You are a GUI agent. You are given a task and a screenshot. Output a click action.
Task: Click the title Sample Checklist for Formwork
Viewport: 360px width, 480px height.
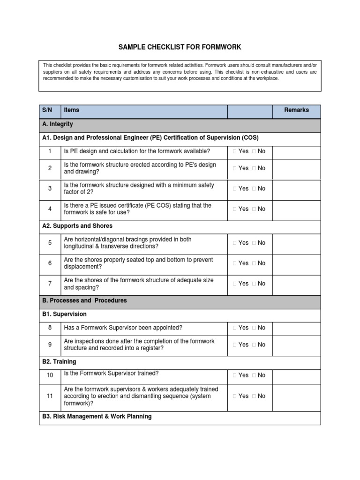[180, 47]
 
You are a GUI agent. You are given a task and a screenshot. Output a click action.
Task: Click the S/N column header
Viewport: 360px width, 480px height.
[47, 110]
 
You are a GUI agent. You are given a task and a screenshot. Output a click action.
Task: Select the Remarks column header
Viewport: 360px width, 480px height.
[296, 110]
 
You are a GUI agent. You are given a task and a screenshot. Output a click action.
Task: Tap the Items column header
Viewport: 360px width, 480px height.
[72, 110]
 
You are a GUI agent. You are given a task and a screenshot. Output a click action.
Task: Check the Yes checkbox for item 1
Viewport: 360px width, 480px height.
[235, 151]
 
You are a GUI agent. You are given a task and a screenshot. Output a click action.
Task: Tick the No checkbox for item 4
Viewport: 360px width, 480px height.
[254, 209]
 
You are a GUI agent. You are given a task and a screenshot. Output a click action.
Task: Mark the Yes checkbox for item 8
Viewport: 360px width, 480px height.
[235, 328]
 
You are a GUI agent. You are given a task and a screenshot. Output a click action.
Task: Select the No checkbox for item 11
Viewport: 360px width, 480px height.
[254, 396]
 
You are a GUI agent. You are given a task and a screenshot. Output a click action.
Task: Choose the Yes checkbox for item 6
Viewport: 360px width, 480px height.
[235, 263]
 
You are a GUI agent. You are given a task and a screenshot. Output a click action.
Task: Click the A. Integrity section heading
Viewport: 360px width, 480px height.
[58, 124]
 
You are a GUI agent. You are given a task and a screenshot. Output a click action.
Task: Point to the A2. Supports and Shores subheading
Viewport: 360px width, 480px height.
[77, 226]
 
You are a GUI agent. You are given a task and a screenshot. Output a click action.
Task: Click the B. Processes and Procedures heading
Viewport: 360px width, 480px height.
[84, 300]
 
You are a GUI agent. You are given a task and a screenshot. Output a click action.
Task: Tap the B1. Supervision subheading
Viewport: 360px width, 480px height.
[64, 314]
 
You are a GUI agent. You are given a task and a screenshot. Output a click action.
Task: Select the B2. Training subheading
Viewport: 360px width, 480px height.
[59, 362]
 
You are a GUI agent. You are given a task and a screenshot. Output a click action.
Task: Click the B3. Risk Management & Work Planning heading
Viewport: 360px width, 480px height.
[97, 416]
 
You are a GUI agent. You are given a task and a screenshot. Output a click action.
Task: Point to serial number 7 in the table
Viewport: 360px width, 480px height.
[50, 284]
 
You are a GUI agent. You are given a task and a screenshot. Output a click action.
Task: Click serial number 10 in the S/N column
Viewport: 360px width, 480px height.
[50, 375]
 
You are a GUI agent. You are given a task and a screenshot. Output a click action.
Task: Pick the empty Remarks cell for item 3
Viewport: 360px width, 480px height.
[296, 188]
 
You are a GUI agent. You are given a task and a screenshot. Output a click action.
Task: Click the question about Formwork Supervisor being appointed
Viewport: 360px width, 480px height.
[123, 328]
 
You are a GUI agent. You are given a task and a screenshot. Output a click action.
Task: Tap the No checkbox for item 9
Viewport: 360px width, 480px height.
[254, 345]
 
